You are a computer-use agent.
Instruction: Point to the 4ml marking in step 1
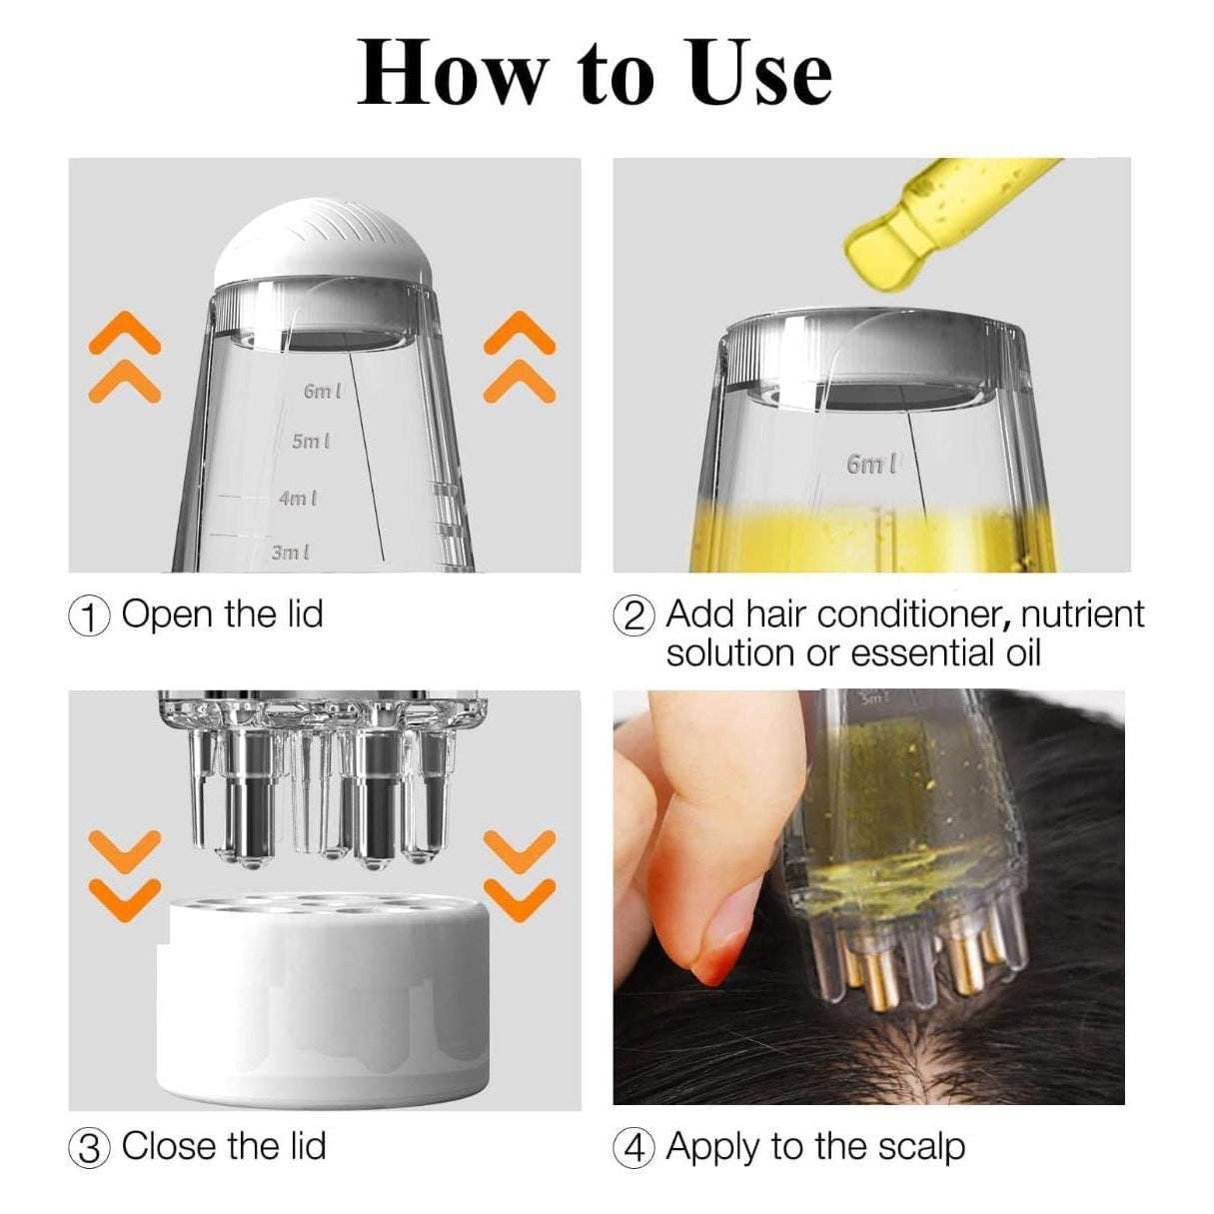click(x=298, y=497)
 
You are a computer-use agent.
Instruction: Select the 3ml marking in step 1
click(x=291, y=552)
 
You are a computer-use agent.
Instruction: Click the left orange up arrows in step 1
click(x=124, y=357)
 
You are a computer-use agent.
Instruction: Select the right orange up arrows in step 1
click(x=519, y=357)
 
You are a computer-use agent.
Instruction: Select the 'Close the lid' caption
click(x=224, y=1146)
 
